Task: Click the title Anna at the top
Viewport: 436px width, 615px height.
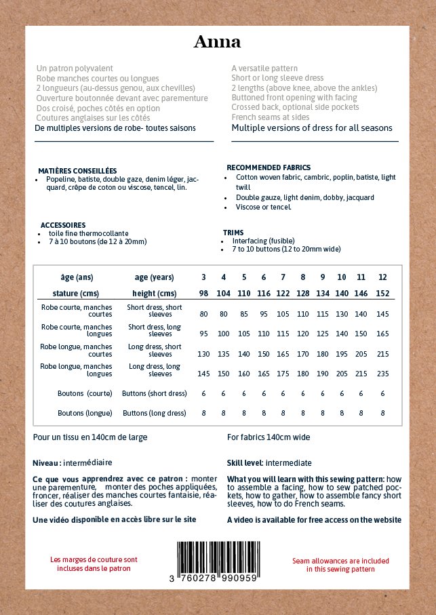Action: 217,42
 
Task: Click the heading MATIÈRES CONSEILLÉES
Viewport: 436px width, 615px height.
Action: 77,171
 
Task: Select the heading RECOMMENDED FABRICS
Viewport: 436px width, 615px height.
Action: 269,167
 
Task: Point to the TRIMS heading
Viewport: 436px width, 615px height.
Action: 233,233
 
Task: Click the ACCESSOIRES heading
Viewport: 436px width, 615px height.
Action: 63,225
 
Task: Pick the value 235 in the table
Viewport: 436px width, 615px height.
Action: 382,374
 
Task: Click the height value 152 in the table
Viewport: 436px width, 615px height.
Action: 382,294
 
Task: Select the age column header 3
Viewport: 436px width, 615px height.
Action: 203,277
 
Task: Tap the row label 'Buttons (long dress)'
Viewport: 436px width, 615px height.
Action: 154,413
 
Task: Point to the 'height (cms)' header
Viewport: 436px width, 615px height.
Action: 155,294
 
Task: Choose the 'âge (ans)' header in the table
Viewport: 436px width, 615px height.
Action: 77,277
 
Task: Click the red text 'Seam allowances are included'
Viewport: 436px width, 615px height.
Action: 340,561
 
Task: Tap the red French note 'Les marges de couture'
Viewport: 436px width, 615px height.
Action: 94,559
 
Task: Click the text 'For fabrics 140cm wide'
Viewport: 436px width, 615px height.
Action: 269,437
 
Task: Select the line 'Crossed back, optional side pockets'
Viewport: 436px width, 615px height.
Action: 295,107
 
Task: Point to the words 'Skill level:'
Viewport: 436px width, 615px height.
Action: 245,463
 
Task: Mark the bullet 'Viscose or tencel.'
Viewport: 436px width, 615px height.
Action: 264,207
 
